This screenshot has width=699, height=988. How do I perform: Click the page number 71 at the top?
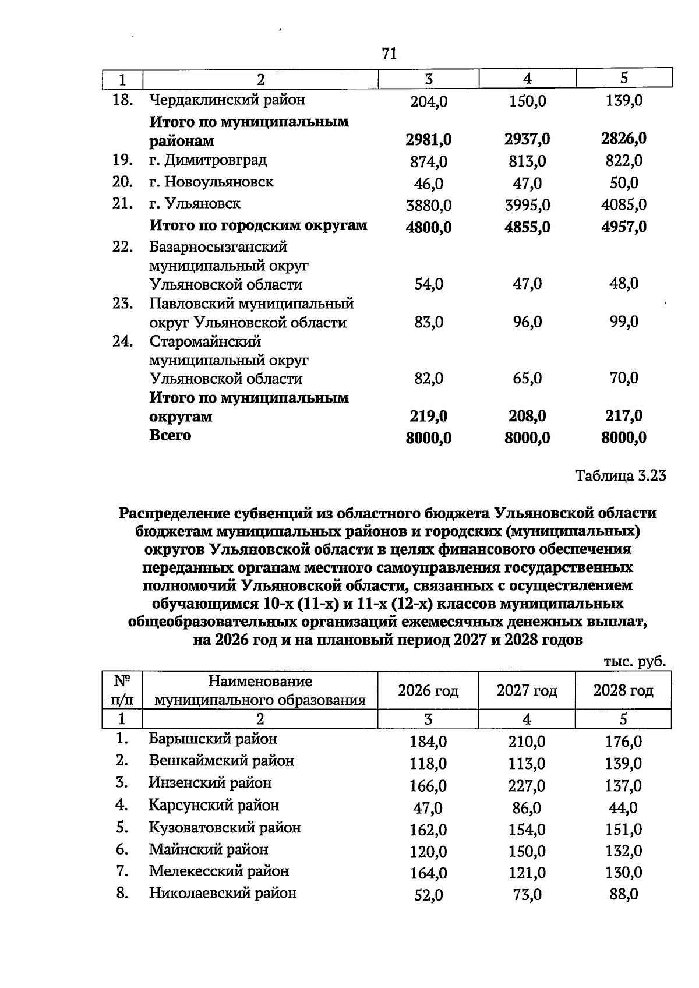click(x=389, y=54)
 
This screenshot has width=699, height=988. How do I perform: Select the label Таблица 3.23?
click(x=620, y=476)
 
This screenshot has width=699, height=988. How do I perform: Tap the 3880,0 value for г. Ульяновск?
click(x=428, y=205)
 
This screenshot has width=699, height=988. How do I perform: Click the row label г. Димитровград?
click(x=208, y=160)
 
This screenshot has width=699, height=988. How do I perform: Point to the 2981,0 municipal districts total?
click(x=428, y=140)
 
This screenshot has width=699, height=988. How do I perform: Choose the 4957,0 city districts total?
click(x=623, y=227)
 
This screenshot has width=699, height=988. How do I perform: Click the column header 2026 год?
click(x=428, y=691)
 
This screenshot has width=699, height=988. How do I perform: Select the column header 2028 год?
click(x=623, y=691)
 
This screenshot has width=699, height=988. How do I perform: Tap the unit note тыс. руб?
click(x=634, y=662)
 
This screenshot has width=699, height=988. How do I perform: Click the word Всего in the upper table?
click(x=170, y=436)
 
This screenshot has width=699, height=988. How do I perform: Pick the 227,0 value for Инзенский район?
click(x=526, y=786)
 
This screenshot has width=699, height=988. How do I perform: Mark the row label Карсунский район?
click(x=214, y=806)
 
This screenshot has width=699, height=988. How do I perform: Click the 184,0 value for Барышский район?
click(x=428, y=742)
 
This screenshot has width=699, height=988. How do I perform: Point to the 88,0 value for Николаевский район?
click(x=623, y=894)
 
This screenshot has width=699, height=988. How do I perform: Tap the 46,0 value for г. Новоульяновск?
click(x=428, y=184)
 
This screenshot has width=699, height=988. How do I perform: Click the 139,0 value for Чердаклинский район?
click(x=623, y=101)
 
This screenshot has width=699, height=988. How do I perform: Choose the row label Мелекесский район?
click(x=218, y=871)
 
